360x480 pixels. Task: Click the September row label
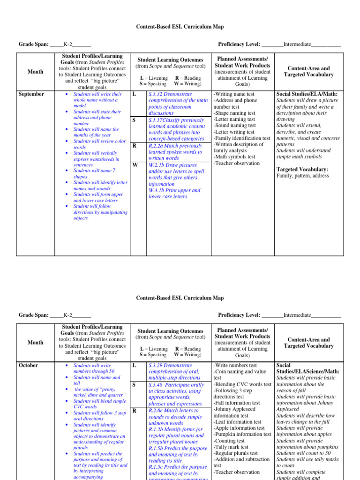[x=31, y=94]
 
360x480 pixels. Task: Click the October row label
[x=28, y=365]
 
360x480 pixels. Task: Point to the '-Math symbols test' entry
[x=234, y=157]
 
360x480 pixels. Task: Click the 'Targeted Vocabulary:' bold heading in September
[x=302, y=169]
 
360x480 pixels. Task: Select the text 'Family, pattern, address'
[x=303, y=176]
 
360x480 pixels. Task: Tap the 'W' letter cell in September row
[x=135, y=165]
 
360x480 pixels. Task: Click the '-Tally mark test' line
[x=232, y=447]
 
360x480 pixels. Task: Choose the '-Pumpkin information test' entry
[x=242, y=434]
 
